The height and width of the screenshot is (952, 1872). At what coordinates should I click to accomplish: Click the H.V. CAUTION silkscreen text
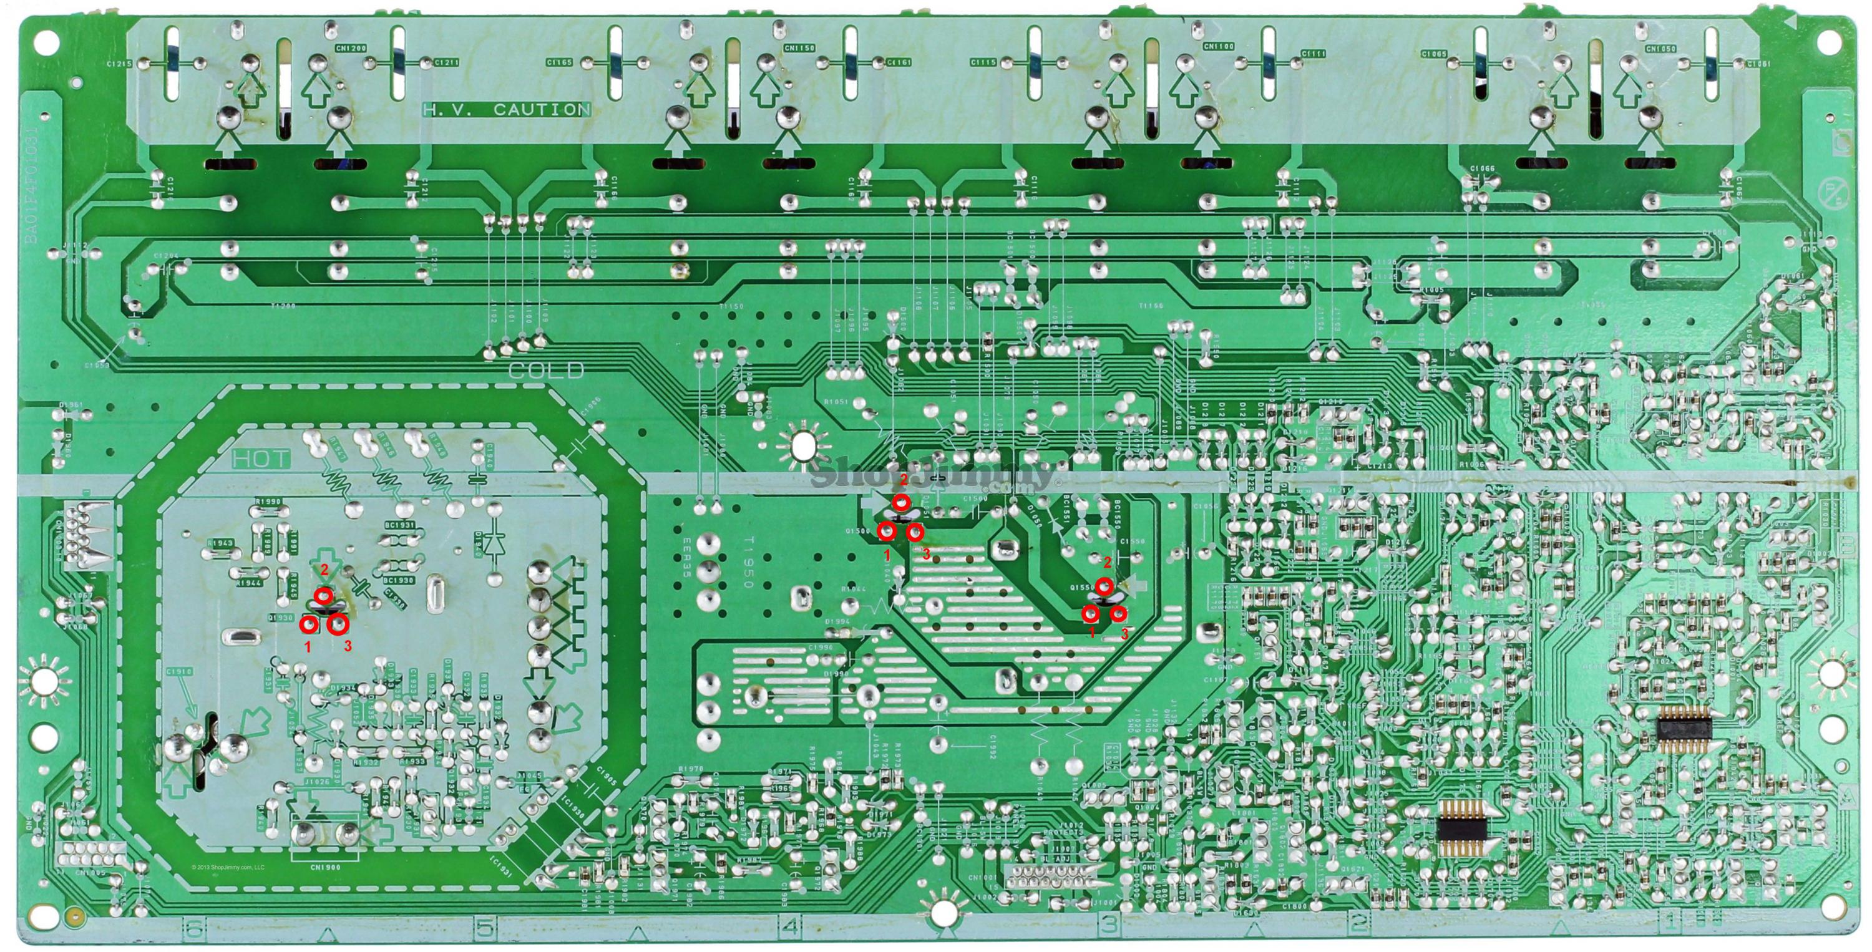click(x=507, y=110)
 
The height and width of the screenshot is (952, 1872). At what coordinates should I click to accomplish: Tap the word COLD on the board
click(x=547, y=371)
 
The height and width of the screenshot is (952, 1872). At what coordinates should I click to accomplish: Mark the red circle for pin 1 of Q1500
click(x=887, y=532)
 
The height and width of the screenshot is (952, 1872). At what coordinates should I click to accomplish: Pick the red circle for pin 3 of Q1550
click(x=1118, y=614)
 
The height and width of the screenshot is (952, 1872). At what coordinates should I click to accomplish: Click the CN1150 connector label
click(x=799, y=48)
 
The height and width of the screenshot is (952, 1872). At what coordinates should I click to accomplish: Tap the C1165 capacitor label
click(x=560, y=62)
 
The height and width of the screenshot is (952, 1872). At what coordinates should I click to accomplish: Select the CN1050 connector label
click(x=1660, y=49)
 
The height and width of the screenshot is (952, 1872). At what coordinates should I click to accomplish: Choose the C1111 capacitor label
click(x=1314, y=54)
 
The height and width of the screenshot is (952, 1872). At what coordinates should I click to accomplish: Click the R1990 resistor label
click(x=269, y=502)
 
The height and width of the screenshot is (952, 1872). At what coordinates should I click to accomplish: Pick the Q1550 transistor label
click(x=1083, y=586)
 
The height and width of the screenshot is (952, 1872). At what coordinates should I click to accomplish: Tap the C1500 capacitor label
click(x=975, y=499)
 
